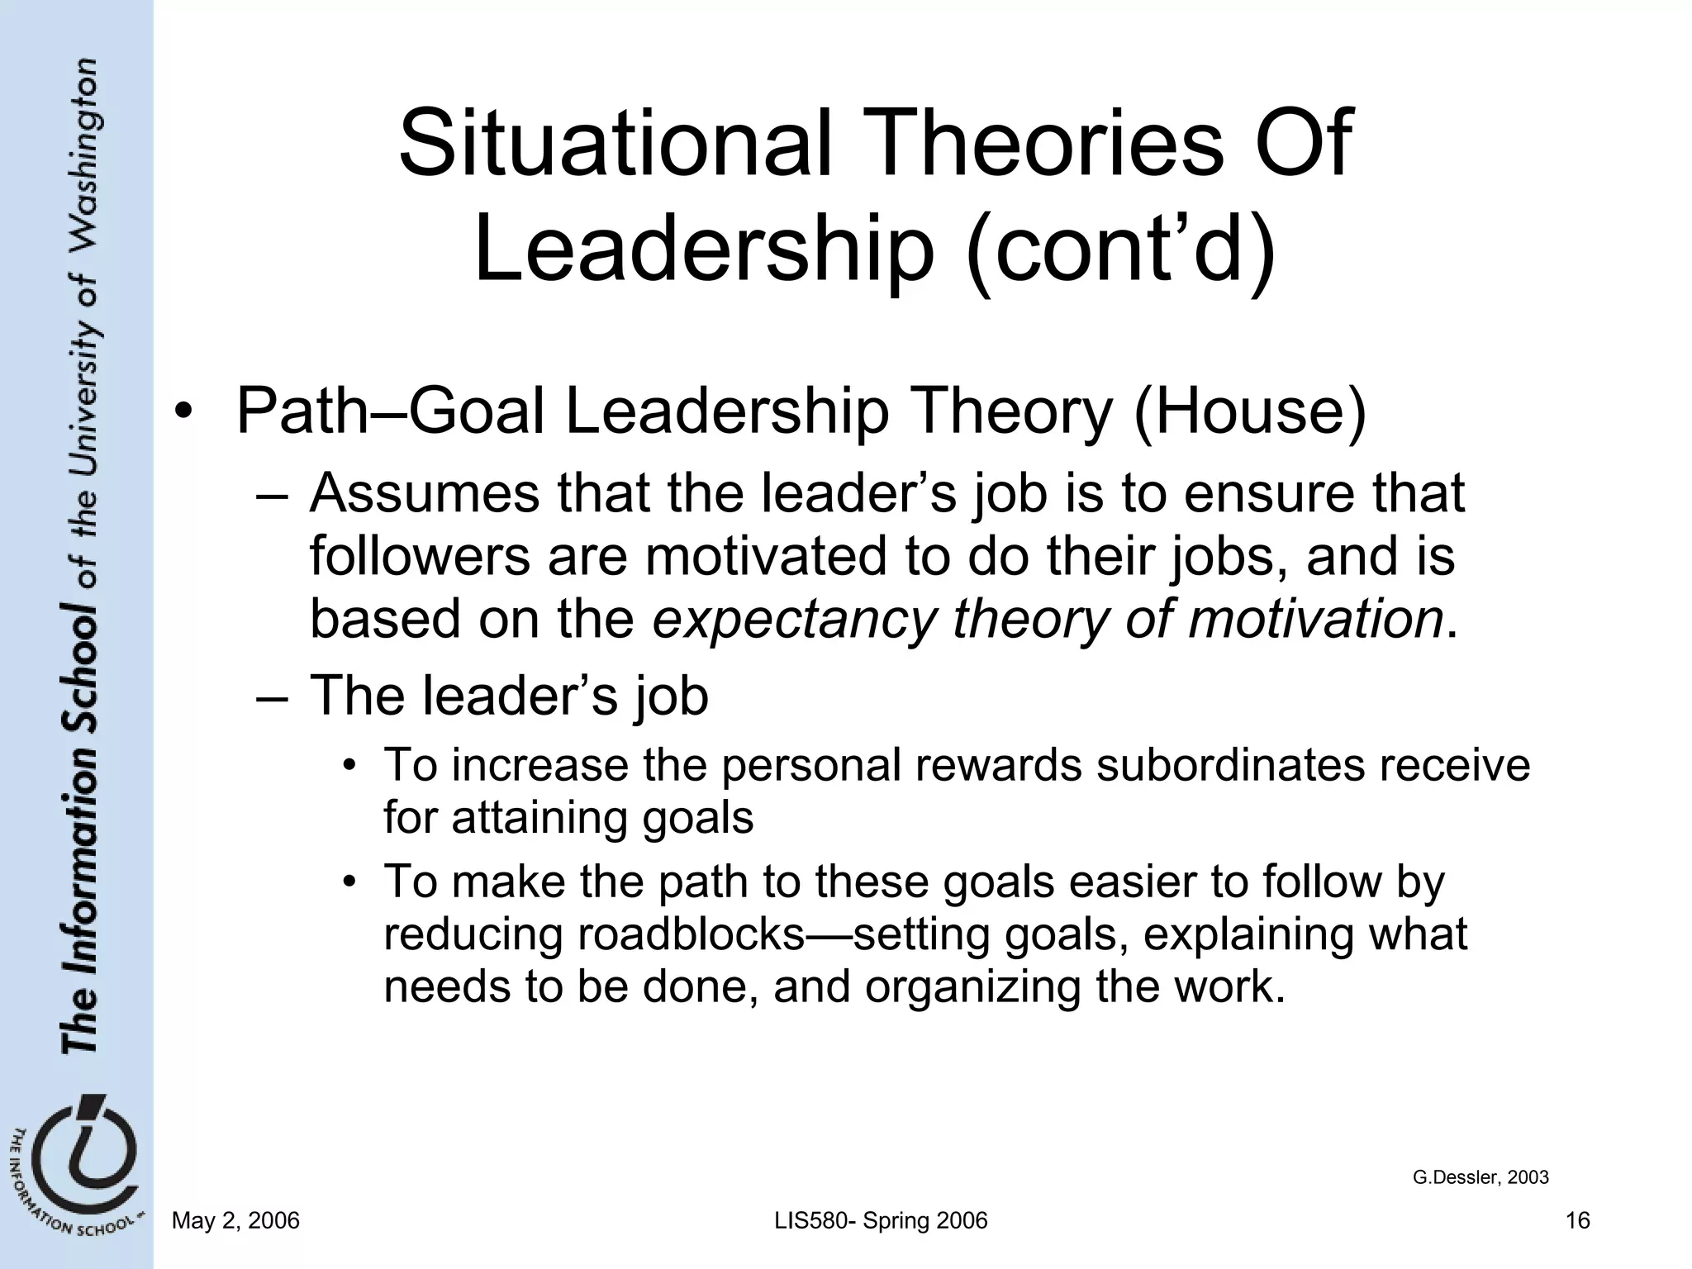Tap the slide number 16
[1577, 1221]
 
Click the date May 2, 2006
[235, 1221]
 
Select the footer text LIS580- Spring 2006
[881, 1221]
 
